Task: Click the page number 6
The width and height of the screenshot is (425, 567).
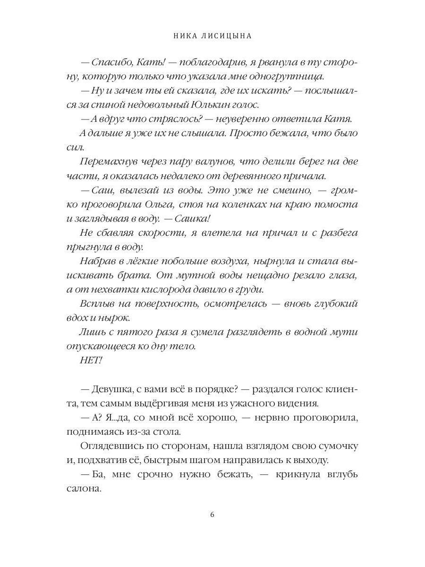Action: point(212,515)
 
